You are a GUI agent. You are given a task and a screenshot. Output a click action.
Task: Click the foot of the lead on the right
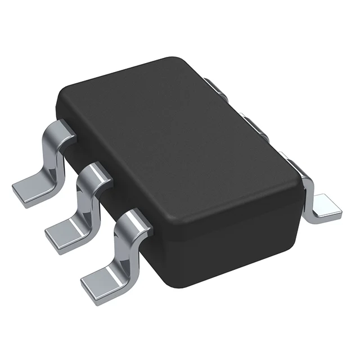click(x=325, y=205)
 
